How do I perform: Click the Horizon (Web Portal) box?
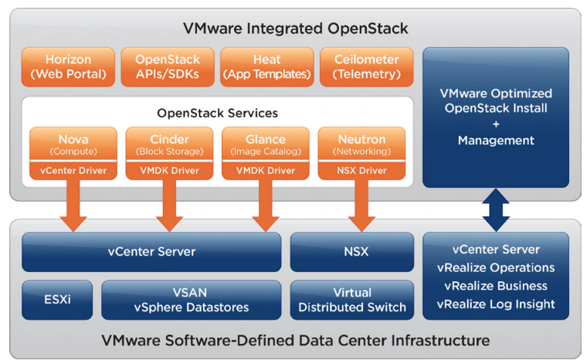68,66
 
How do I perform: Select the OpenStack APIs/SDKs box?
168,66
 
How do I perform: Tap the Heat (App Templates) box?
267,66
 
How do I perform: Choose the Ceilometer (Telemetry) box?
367,66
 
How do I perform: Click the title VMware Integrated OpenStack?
295,29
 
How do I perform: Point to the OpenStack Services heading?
218,113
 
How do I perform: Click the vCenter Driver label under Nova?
73,171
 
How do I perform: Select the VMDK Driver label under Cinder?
170,171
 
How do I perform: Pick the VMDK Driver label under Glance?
266,171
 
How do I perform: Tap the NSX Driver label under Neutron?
361,171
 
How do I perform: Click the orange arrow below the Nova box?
73,205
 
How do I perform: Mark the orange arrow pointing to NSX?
361,205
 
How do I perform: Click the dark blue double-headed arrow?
496,210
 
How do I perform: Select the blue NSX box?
352,252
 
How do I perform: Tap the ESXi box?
57,300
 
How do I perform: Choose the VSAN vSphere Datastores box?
192,300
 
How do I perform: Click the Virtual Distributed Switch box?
352,300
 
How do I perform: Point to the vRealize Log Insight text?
496,304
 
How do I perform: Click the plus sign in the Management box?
496,124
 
